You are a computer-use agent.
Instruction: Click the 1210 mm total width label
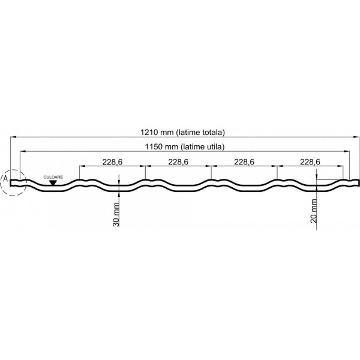(182, 132)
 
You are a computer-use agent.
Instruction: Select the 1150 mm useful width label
(184, 146)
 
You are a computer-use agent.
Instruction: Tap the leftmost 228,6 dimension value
(112, 162)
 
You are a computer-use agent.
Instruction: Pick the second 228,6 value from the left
(178, 162)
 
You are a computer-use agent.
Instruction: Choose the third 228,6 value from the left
(244, 162)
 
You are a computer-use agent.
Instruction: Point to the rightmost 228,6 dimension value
(310, 162)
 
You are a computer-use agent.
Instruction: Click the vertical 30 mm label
(116, 214)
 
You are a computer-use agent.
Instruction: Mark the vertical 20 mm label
(314, 211)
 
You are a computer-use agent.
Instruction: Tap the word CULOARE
(53, 177)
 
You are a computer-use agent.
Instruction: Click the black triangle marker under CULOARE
(53, 182)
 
